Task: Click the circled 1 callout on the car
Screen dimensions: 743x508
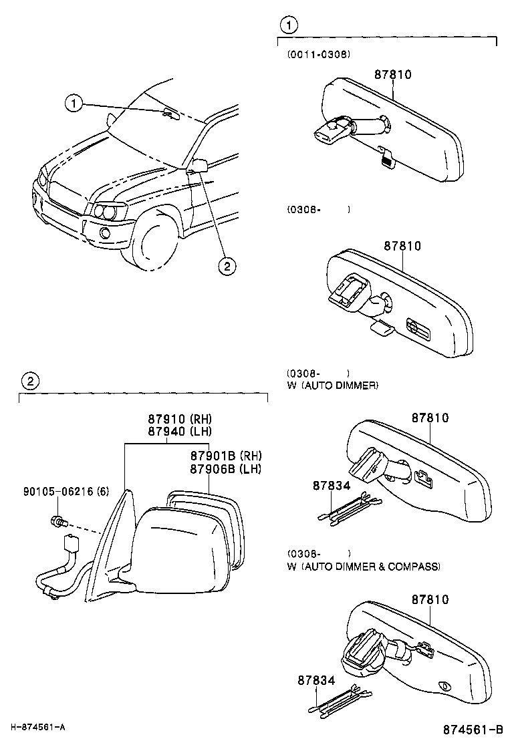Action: (x=74, y=103)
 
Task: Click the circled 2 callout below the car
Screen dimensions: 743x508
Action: (x=227, y=267)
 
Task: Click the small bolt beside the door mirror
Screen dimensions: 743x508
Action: (x=57, y=520)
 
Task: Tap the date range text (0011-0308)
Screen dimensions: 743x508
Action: (x=319, y=54)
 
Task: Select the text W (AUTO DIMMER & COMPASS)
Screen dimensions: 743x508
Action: (x=364, y=567)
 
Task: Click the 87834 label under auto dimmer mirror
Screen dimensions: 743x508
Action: (x=331, y=486)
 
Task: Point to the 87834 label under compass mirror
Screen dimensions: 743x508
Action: (x=315, y=680)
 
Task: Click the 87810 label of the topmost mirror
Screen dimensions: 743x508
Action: (x=392, y=74)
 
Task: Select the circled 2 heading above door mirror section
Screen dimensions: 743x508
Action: (x=29, y=382)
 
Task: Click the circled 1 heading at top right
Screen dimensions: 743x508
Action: (x=287, y=25)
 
